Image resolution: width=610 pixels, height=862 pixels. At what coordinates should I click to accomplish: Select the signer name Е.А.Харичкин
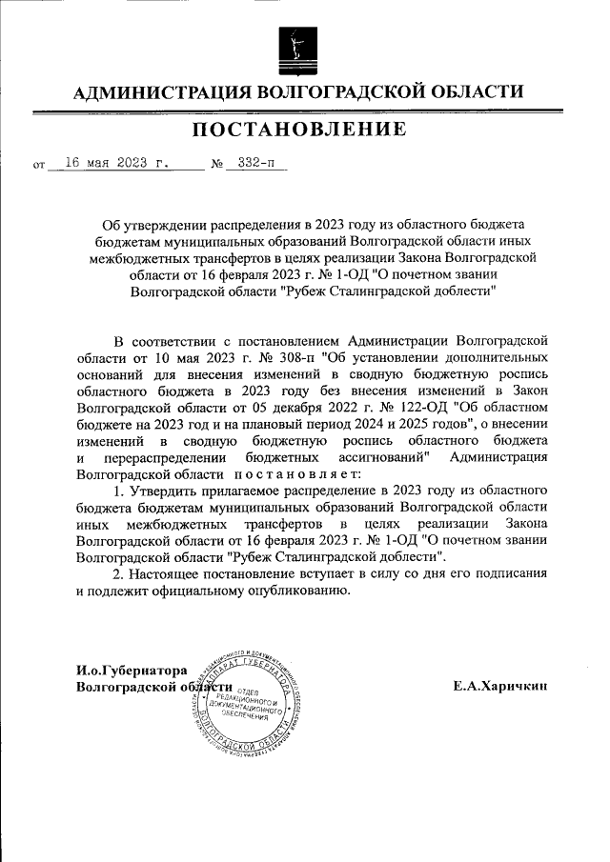(500, 686)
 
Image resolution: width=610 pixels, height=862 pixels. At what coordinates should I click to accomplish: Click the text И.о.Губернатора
(132, 671)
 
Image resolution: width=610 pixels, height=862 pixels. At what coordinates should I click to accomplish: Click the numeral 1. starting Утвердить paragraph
(119, 491)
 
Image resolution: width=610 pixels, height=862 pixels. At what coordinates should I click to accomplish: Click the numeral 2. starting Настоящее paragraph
(119, 574)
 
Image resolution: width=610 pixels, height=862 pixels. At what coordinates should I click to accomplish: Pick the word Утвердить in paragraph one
(164, 491)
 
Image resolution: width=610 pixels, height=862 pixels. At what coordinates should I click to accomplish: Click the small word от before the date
(39, 165)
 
